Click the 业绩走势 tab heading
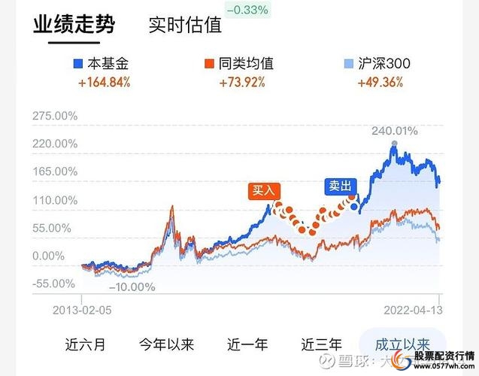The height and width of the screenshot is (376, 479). pos(74,26)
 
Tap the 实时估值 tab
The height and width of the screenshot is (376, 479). pos(185,26)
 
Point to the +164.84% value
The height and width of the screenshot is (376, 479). pos(105,82)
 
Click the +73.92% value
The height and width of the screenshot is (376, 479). pos(242,82)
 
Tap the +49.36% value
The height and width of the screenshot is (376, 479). pos(384,82)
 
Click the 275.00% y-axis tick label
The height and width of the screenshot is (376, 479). pos(55,117)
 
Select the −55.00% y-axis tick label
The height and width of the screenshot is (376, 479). pos(55,284)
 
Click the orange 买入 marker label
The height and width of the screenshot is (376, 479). pos(263,191)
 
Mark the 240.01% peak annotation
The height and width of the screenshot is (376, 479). pos(394,132)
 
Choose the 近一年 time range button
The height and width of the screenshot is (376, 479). pos(247,344)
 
